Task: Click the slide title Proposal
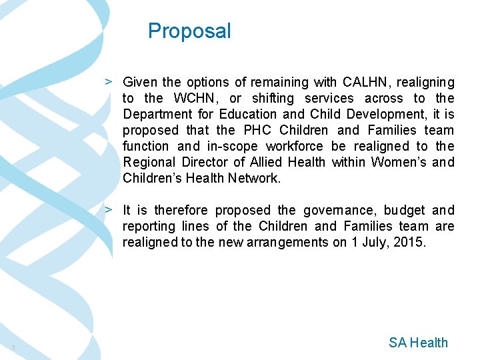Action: [189, 31]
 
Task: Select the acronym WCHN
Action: [193, 99]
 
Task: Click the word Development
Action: [373, 115]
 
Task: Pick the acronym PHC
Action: [257, 131]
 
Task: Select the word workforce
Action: [295, 147]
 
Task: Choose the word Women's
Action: [397, 163]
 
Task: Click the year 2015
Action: [407, 243]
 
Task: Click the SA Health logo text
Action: [418, 343]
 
